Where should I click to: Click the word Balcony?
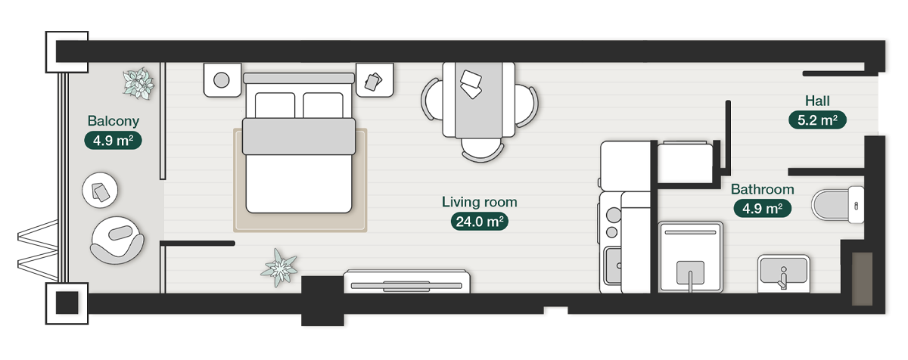[x=113, y=121]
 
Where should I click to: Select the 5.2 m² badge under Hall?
[x=817, y=119]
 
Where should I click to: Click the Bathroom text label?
[x=762, y=190]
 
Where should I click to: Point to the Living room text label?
[x=479, y=202]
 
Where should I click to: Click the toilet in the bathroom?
[x=836, y=204]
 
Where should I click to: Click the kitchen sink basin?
[x=612, y=265]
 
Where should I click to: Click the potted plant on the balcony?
[x=138, y=82]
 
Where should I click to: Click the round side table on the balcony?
[x=100, y=191]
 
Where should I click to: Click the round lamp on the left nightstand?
[x=222, y=79]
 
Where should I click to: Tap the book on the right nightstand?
[x=374, y=80]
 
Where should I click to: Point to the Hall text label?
[x=817, y=101]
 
